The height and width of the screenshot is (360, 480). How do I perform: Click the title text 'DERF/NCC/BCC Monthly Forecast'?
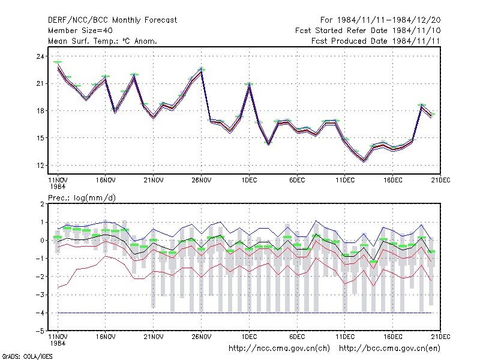click(112, 20)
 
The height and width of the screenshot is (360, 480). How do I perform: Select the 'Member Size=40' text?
click(80, 31)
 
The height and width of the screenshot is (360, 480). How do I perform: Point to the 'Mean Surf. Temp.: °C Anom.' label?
click(102, 41)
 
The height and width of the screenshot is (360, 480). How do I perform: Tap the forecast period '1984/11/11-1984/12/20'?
click(389, 20)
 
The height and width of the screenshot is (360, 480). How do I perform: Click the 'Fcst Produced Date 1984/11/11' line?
click(376, 41)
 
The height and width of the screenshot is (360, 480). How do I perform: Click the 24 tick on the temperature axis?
click(40, 56)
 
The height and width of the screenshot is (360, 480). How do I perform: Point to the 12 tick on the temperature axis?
click(40, 166)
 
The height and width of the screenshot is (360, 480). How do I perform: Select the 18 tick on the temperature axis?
click(40, 111)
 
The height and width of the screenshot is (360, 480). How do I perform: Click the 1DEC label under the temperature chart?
click(249, 180)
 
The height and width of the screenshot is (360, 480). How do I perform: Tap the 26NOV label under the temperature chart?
click(202, 180)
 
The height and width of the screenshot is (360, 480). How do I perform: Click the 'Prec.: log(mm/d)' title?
click(82, 198)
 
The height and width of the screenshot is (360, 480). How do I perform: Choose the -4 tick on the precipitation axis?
click(40, 313)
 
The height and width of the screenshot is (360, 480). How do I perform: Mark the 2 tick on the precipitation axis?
click(42, 204)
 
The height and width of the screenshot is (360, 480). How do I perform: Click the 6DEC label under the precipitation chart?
click(297, 337)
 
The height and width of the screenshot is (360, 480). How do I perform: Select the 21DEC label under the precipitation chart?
click(440, 337)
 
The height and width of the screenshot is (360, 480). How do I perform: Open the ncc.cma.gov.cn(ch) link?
click(279, 349)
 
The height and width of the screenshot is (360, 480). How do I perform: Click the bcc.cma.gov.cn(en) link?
click(389, 349)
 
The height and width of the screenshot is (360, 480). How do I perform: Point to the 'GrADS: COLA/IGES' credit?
click(27, 356)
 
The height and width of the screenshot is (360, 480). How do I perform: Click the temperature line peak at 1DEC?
click(249, 86)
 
